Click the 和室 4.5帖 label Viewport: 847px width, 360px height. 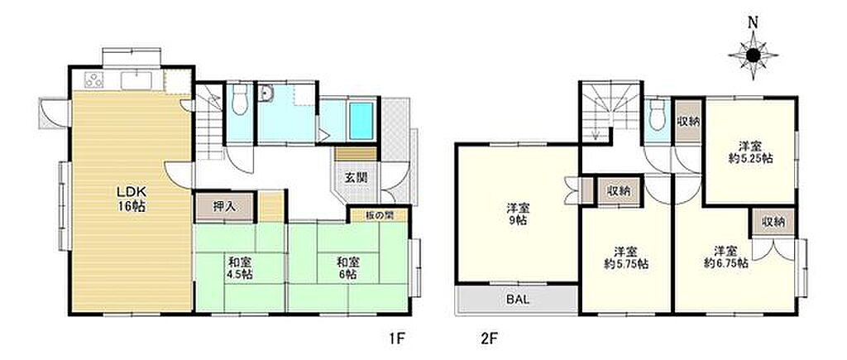(239, 268)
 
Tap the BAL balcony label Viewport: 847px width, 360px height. (517, 299)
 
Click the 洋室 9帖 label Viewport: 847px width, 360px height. (518, 214)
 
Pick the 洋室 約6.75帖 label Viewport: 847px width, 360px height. (725, 258)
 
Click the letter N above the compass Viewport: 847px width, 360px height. (753, 22)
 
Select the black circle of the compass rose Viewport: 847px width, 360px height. (753, 55)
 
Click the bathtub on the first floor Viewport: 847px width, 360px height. (361, 121)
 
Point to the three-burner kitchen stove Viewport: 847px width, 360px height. (93, 80)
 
